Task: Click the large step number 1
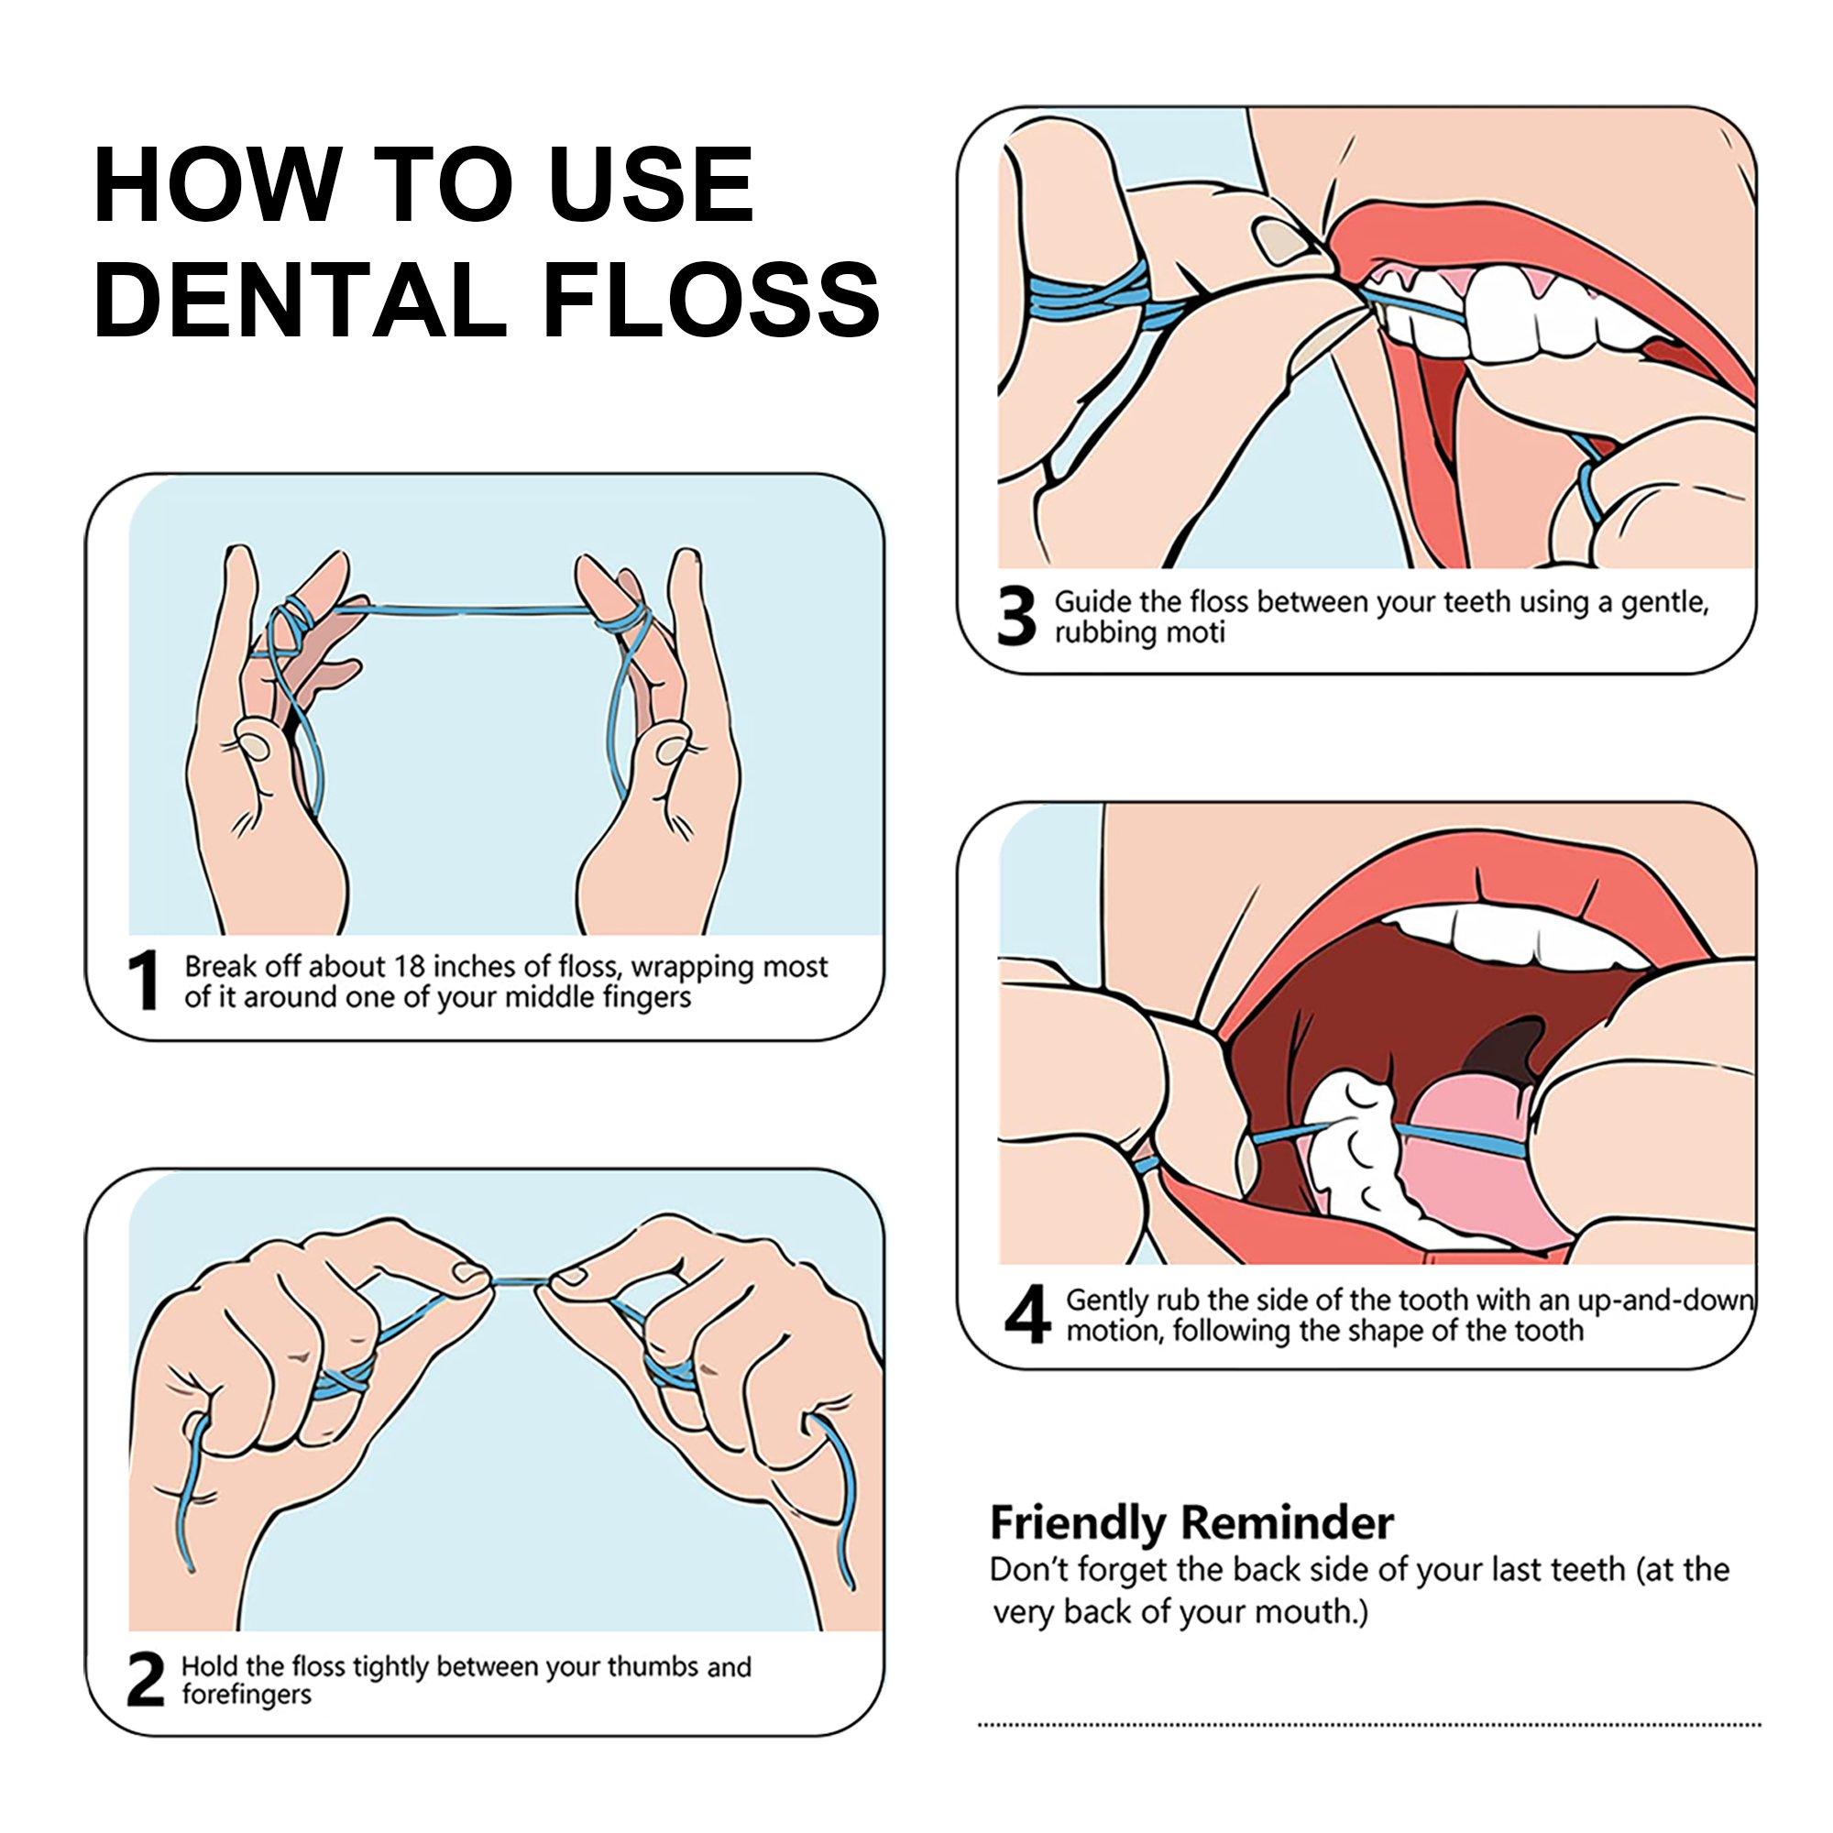[144, 983]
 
